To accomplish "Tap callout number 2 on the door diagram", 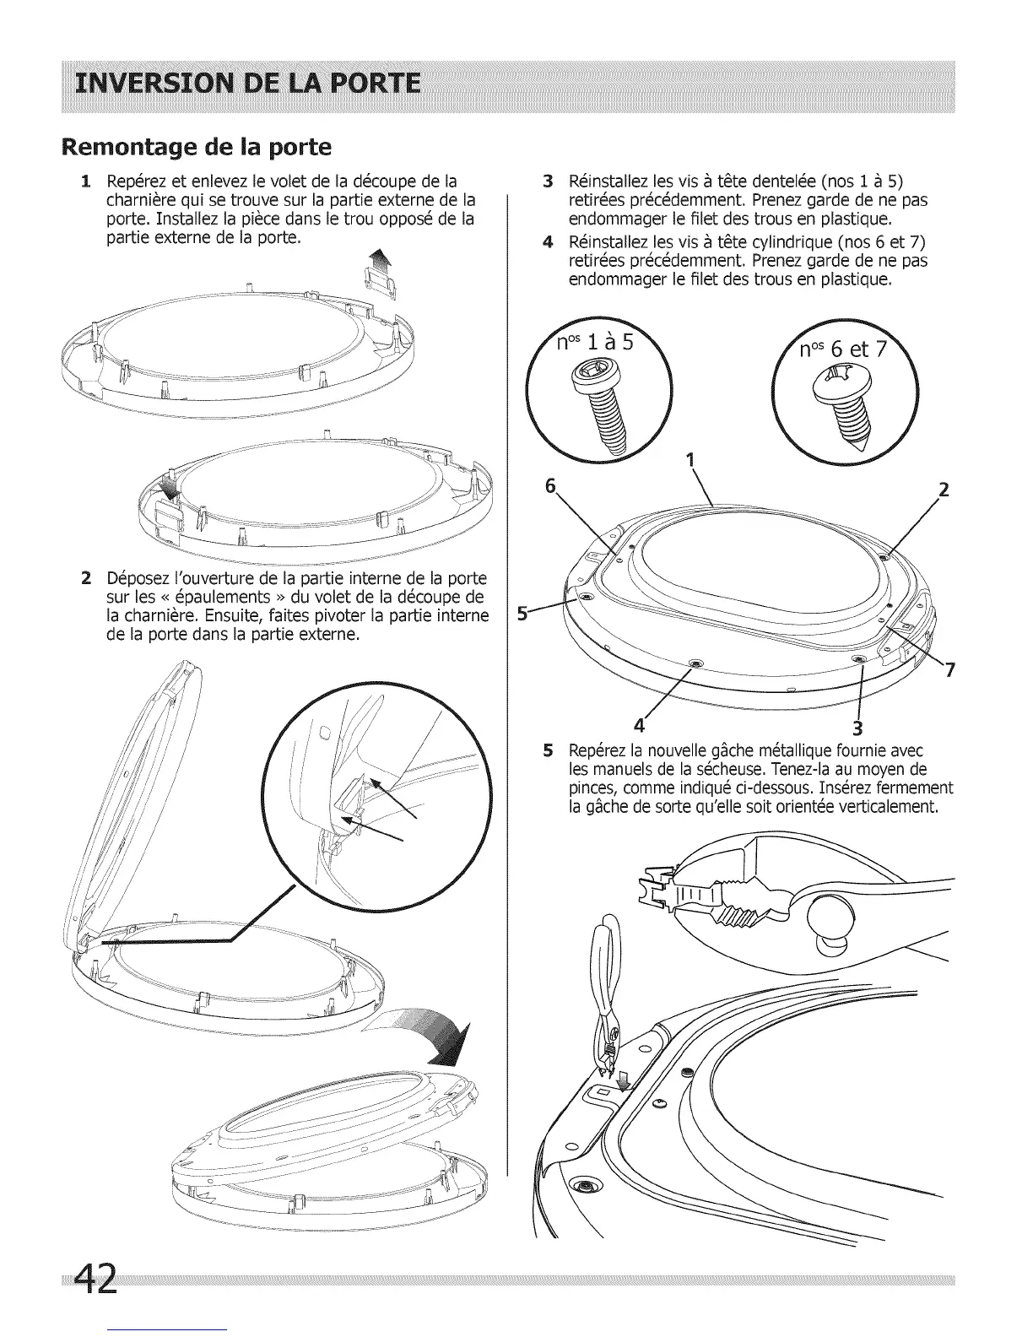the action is [944, 490].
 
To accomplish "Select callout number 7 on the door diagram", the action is [950, 670].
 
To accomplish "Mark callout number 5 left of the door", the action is [522, 614].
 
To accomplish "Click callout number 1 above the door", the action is [691, 460].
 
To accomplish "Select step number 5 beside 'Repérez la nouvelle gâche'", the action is [548, 750].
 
